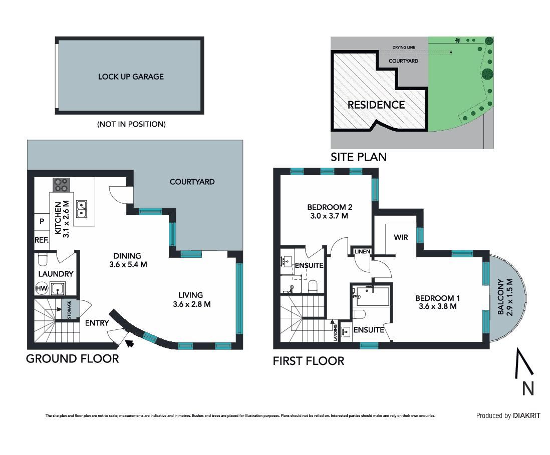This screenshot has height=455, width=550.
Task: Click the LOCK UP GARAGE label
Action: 131,77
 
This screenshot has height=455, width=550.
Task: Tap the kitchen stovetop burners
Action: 61,185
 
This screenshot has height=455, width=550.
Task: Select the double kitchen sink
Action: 81,209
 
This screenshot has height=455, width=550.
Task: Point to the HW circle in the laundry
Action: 42,288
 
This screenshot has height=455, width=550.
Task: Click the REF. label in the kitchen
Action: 42,240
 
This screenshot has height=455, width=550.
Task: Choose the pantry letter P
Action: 42,222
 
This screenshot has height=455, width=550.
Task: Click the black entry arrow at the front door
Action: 129,343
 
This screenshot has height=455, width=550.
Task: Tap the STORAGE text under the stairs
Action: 69,309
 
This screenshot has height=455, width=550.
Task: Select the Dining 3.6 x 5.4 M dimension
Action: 128,265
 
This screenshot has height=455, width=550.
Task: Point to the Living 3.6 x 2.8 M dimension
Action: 191,304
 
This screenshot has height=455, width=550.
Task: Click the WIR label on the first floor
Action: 401,238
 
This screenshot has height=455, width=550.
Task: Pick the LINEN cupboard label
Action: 362,251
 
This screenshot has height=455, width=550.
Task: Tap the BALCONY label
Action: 501,296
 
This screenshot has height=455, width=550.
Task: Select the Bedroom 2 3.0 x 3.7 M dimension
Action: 329,216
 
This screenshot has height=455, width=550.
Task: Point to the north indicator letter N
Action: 528,388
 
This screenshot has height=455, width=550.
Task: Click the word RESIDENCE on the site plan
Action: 376,105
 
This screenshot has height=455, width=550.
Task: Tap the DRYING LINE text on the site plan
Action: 404,48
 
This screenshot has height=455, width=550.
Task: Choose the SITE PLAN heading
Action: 359,157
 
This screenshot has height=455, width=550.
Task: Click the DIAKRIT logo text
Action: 526,415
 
